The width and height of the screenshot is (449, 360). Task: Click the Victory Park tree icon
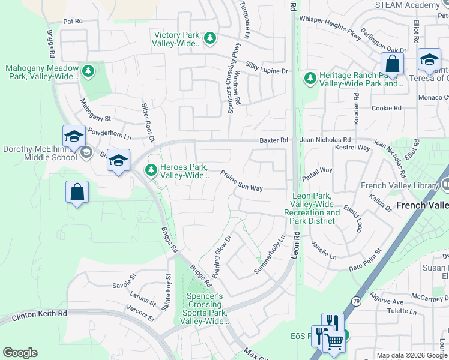[209, 38]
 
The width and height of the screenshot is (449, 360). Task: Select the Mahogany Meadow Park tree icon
[88, 72]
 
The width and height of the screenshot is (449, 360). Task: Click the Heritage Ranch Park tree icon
[310, 79]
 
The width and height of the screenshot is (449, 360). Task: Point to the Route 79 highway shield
[357, 301]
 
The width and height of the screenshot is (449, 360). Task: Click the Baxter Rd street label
[274, 140]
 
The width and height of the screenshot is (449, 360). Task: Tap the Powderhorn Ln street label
[109, 134]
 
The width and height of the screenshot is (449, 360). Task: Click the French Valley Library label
[399, 185]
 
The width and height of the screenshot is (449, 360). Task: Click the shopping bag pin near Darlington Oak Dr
[391, 63]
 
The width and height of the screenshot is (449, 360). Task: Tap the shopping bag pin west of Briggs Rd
[77, 193]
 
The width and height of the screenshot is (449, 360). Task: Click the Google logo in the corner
[20, 353]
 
